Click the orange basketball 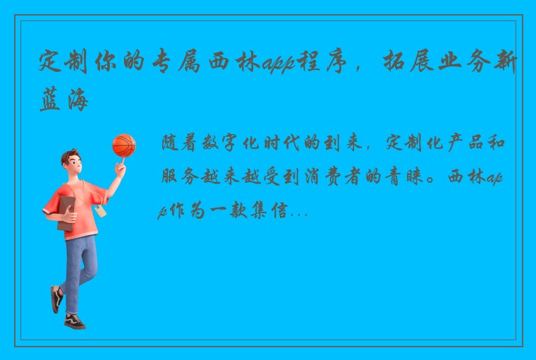(x=123, y=145)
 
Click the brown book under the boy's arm (x=66, y=212)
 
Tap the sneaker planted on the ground (x=74, y=321)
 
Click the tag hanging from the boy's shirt (x=100, y=210)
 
